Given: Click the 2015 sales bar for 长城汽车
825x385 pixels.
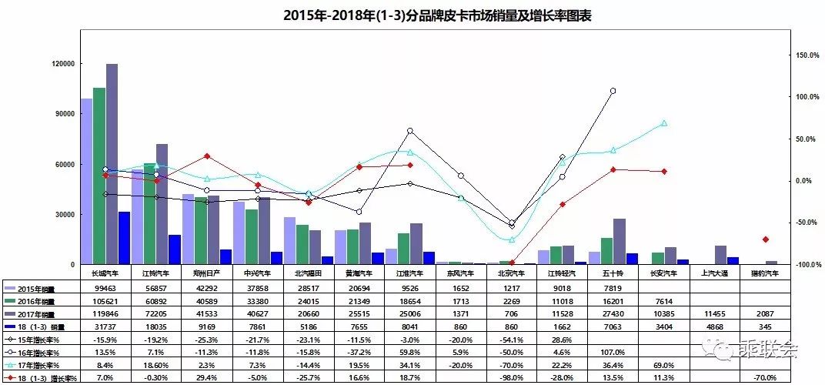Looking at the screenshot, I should [86, 181].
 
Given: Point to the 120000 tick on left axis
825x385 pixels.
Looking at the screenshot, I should [62, 64].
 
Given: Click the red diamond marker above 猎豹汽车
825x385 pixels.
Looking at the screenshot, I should [765, 239].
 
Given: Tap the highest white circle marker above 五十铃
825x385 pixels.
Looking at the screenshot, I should [613, 91].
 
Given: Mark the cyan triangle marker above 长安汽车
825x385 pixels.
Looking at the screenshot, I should [664, 123].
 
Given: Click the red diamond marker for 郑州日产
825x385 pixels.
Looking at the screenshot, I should [207, 156].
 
